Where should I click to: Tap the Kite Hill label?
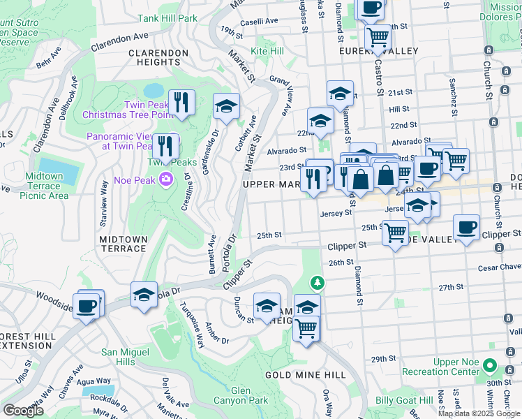click(x=267, y=52)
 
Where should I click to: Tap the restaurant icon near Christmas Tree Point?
click(x=181, y=103)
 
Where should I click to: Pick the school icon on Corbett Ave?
click(x=226, y=106)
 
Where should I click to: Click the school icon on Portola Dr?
click(x=144, y=294)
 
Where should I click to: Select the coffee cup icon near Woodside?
click(x=88, y=306)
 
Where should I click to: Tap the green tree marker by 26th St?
click(x=318, y=283)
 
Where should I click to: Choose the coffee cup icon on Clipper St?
click(x=466, y=228)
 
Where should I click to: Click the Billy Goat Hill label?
click(x=404, y=400)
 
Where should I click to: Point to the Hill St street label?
click(x=399, y=109)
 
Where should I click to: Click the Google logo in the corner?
click(x=23, y=411)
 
